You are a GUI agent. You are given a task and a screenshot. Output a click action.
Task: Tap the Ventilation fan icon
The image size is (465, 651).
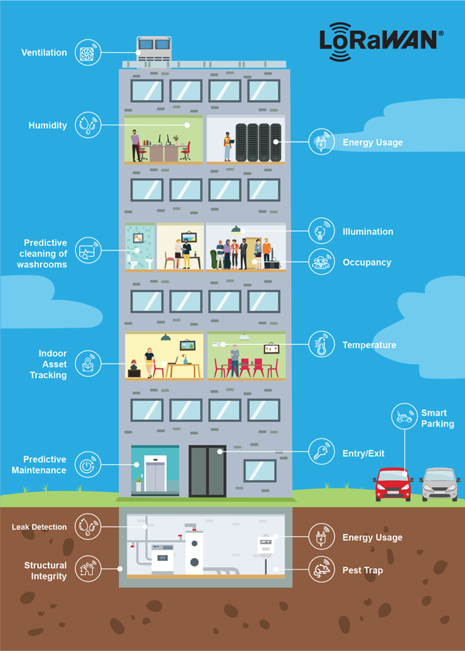(x=87, y=52)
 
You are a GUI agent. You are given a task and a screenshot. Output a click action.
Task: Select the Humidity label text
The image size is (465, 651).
(x=48, y=125)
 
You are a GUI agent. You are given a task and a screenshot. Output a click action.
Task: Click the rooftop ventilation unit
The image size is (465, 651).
(x=155, y=49)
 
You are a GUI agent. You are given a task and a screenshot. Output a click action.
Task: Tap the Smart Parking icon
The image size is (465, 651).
(x=404, y=416)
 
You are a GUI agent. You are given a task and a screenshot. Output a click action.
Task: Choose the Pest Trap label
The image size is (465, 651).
(x=363, y=570)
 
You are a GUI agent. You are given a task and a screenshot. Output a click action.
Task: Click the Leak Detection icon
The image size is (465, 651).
(x=87, y=527)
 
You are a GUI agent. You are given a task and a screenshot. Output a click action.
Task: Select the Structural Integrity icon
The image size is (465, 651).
(x=87, y=569)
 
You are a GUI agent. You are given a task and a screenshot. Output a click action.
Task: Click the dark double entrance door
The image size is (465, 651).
(x=207, y=470)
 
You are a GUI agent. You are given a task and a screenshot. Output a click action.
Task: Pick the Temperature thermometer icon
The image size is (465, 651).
(x=321, y=345)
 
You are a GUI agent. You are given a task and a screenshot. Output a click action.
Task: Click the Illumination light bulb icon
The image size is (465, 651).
(x=321, y=231)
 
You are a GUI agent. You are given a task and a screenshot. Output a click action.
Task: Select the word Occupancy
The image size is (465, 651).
(x=367, y=263)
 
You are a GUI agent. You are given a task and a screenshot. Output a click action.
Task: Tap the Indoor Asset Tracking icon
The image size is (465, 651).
(x=87, y=363)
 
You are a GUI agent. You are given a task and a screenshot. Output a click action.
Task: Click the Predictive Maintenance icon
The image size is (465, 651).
(x=87, y=464)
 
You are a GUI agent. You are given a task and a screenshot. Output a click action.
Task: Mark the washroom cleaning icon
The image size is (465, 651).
(x=87, y=251)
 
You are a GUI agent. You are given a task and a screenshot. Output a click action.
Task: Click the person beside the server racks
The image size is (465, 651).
(x=228, y=146)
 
